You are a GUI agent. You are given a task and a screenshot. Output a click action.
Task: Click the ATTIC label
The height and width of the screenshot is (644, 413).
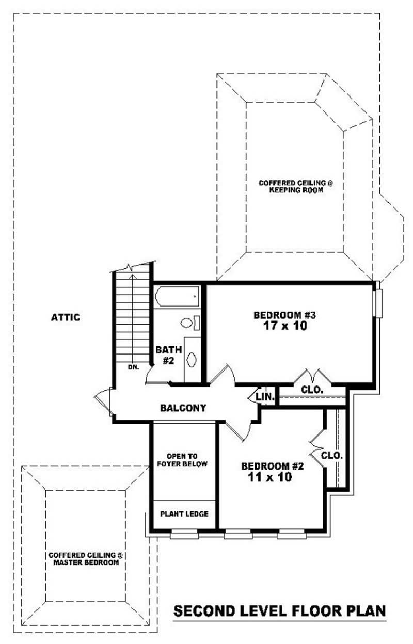click(x=66, y=317)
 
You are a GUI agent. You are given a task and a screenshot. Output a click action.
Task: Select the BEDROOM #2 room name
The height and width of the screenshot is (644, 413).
click(x=272, y=466)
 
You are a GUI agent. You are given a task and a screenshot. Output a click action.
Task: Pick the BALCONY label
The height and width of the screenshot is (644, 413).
click(x=183, y=408)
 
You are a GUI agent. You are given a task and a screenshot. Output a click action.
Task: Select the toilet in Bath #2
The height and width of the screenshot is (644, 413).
click(x=188, y=323)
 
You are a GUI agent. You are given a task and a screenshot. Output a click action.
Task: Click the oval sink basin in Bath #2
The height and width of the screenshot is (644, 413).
click(x=192, y=359)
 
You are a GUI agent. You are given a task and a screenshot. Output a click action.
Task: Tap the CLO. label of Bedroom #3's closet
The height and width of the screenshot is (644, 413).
click(x=312, y=390)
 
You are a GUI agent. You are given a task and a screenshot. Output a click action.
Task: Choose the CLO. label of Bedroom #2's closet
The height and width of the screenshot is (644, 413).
click(x=332, y=456)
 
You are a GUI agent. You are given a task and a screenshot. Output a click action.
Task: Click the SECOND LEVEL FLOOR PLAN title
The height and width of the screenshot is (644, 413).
click(x=279, y=611)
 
